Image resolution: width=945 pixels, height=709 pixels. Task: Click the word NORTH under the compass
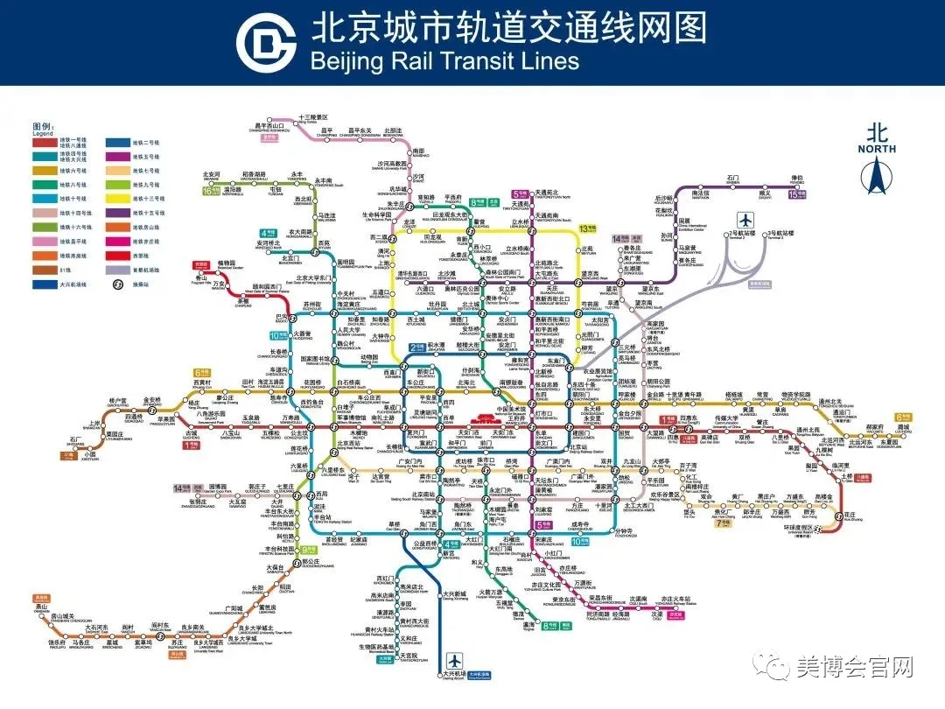(876, 149)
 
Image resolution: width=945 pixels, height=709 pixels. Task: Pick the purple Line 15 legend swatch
(116, 213)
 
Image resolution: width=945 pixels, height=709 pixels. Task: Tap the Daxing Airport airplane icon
(453, 659)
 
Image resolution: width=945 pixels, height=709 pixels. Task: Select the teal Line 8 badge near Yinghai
(549, 626)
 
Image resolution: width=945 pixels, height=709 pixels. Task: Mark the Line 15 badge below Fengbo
(794, 194)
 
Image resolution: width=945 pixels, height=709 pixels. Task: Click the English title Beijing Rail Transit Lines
(445, 60)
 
